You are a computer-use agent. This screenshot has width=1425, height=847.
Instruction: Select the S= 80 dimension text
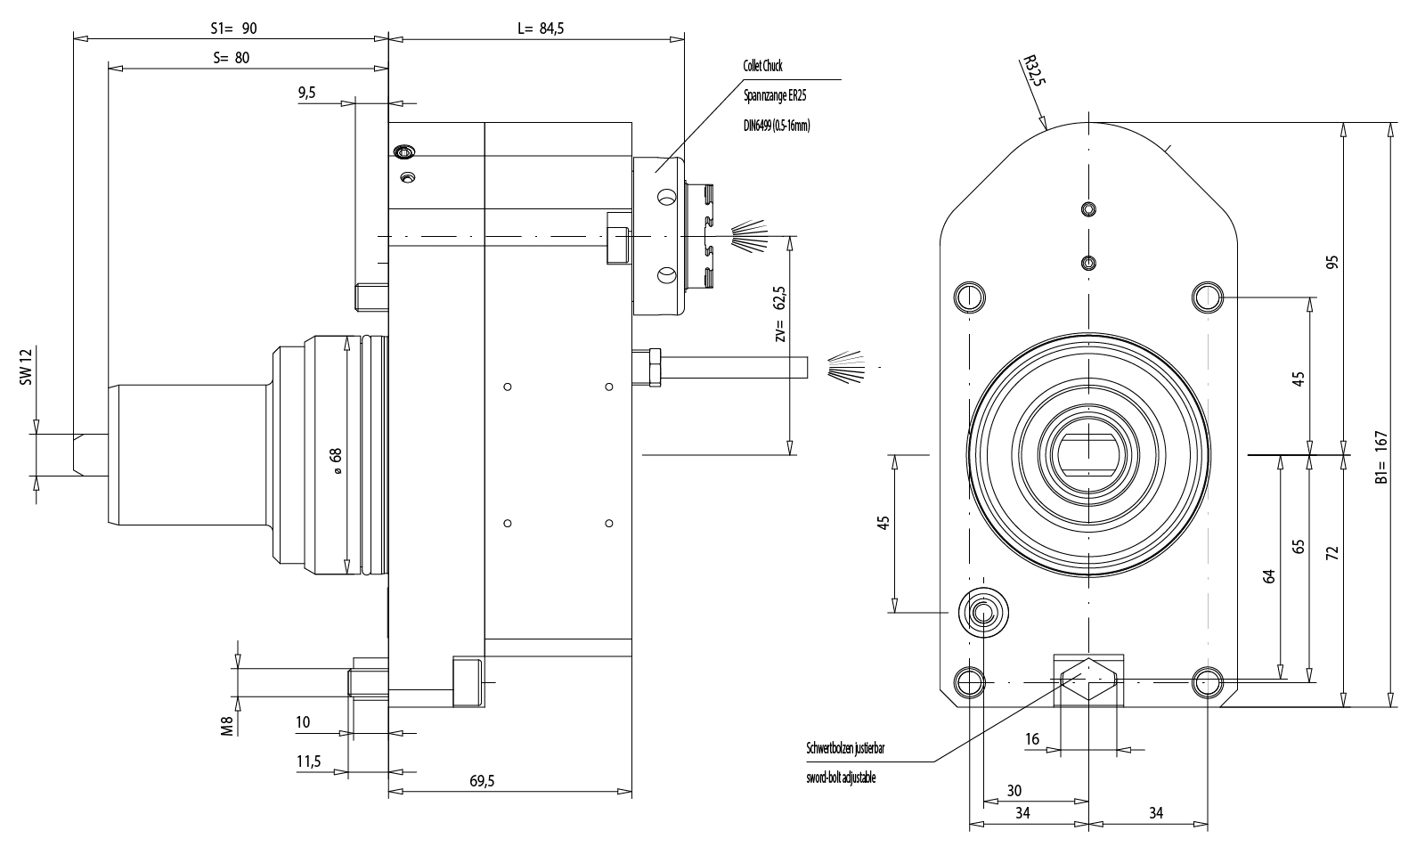pos(232,58)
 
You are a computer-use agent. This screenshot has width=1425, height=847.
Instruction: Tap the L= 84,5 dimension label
pos(541,29)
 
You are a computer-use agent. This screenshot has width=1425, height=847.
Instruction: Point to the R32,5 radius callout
pos(1032,71)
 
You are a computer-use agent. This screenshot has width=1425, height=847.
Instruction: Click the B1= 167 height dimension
pos(1381,457)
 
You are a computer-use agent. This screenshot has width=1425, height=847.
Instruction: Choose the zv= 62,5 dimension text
pos(780,314)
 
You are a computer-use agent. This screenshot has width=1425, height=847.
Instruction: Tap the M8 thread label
pos(227,726)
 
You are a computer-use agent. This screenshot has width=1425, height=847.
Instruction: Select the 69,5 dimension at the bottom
pos(481,781)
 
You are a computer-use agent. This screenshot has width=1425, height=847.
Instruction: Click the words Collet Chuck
pos(762,66)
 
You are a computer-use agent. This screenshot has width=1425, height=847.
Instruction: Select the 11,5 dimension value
pos(308,761)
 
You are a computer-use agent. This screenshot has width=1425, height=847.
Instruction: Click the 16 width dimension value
pos(1032,739)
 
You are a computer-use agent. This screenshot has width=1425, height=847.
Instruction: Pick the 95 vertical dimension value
pos(1332,262)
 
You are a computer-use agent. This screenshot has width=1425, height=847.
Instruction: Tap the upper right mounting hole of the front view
pos(1208,296)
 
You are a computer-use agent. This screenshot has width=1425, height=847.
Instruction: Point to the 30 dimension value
pos(1014,791)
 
